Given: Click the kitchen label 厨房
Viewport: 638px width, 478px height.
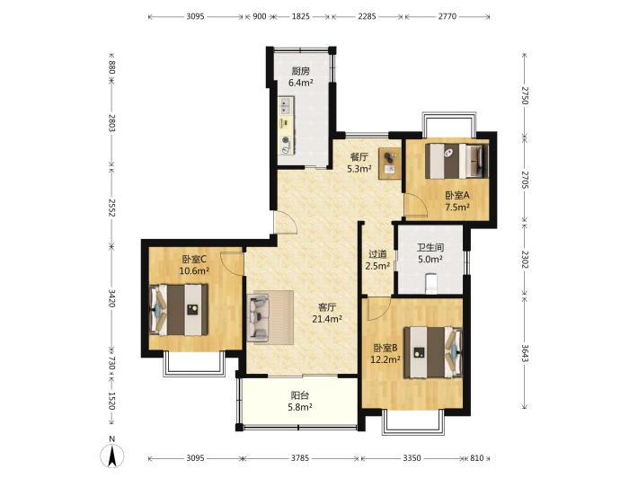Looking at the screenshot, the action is click(300, 71).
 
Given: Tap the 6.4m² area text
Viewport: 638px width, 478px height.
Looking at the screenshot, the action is click(300, 83).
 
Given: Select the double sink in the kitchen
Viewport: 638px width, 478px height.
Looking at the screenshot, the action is click(286, 106).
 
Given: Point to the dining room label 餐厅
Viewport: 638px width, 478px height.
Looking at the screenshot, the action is click(359, 156).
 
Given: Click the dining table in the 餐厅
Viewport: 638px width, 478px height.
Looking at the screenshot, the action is click(390, 164).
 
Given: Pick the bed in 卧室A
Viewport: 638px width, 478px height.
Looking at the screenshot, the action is click(457, 161).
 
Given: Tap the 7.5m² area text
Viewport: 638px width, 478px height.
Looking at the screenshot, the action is click(457, 207).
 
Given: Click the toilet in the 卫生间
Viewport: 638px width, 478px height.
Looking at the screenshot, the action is click(431, 283).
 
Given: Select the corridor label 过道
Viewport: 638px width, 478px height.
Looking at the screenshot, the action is click(377, 254).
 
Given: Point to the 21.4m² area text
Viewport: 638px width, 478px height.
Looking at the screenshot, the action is click(327, 319).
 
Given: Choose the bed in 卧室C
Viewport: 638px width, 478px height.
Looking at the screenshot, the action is click(179, 310).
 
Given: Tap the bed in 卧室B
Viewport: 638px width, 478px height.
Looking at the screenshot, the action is click(433, 352).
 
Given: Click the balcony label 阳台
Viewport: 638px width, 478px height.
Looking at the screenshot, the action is click(300, 395).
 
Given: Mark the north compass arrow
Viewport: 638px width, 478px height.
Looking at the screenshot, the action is click(112, 455).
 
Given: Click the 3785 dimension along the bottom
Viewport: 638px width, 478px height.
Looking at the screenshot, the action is click(300, 458).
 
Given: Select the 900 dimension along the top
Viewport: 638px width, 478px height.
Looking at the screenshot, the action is click(259, 17).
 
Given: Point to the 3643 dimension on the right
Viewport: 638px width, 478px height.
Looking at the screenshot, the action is click(525, 353).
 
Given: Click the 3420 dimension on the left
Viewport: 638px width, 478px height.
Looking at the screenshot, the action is click(112, 298).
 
